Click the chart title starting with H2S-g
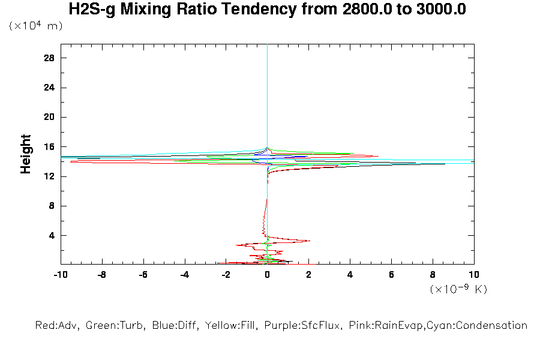[267, 10]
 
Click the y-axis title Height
[26, 154]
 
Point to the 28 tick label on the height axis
[49, 58]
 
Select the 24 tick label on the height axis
[49, 88]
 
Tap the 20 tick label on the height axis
[49, 117]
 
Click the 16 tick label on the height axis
[49, 146]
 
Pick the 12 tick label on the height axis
[49, 176]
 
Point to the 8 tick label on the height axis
[52, 206]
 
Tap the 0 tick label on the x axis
[267, 275]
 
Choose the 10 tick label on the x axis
[473, 275]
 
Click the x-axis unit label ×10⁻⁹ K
[458, 289]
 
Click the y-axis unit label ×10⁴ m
[35, 26]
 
